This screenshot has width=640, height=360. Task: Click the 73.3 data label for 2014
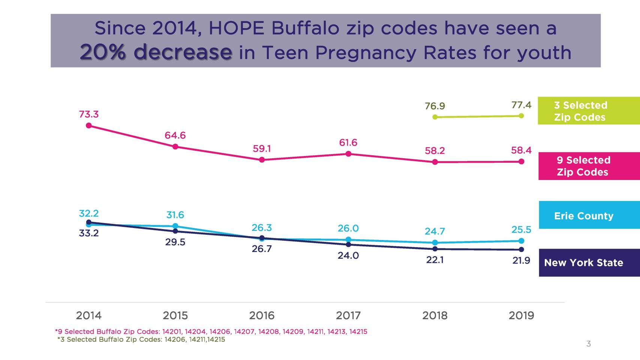coord(88,114)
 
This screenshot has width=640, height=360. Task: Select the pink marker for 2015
coord(175,147)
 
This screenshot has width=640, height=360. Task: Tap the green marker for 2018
coord(435,117)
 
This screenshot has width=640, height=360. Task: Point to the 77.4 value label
coord(521,105)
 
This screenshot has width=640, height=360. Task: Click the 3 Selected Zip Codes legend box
coord(589,111)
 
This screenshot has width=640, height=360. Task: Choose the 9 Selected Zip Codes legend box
coord(589,166)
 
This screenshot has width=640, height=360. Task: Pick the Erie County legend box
coord(589,215)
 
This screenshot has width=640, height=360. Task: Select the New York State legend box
coord(589,262)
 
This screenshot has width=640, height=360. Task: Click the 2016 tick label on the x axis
coord(262,316)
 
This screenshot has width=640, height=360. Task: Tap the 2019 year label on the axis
coord(521,316)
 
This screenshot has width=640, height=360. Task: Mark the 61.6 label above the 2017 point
coord(348,143)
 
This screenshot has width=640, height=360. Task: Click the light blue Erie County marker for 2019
coord(521,241)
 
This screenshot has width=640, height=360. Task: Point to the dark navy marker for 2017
coord(348,244)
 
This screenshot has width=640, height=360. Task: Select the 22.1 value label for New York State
coord(435,260)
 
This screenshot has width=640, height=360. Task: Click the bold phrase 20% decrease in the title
coord(156,52)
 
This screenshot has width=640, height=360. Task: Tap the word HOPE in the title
coord(236,28)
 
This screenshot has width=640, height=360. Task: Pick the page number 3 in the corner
coord(588,344)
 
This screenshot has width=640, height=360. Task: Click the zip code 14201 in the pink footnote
coord(172,331)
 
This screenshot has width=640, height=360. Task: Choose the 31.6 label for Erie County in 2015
coord(175,215)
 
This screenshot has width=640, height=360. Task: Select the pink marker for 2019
coord(521,162)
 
